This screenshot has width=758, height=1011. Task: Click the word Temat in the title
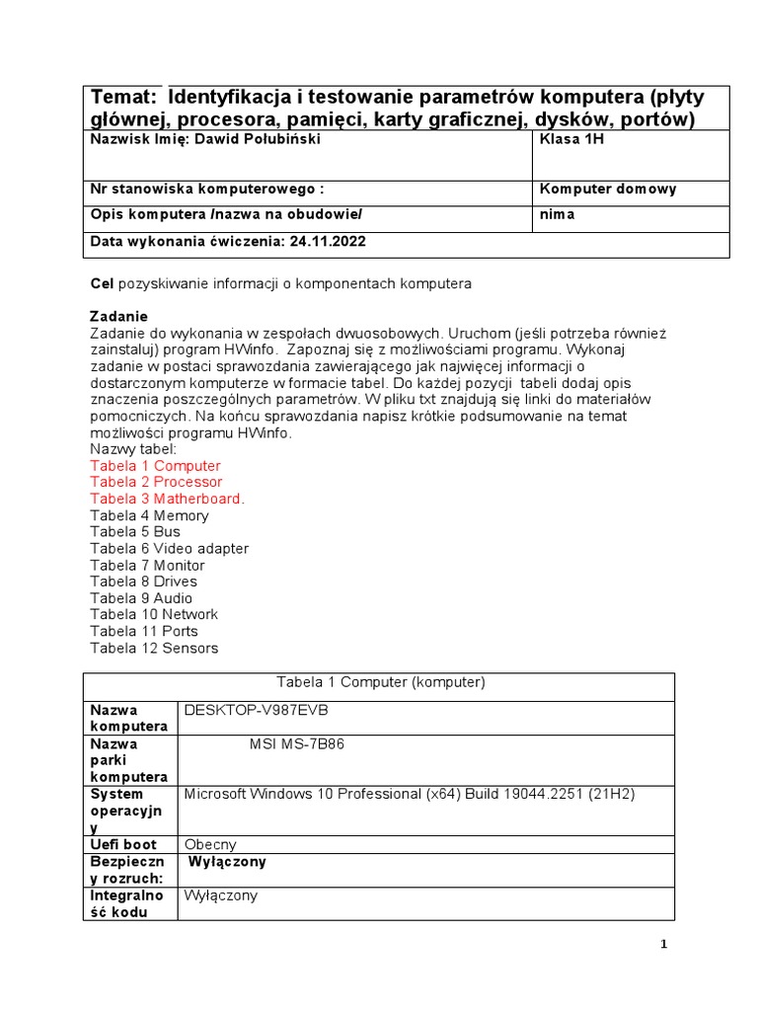[124, 97]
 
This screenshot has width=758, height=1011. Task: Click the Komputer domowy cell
[608, 189]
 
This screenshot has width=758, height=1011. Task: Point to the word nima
[557, 214]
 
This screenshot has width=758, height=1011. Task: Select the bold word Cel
[103, 283]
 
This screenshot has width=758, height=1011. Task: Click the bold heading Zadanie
[118, 316]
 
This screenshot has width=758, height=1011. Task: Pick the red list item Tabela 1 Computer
[155, 465]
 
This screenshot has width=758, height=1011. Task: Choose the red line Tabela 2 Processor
[156, 482]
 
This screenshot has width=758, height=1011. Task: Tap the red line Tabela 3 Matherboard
[167, 499]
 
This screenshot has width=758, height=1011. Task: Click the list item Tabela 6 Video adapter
[169, 548]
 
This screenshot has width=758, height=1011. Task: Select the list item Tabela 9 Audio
[141, 597]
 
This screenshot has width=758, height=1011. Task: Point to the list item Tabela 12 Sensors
[154, 648]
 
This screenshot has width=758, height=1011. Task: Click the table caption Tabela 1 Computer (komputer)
[380, 682]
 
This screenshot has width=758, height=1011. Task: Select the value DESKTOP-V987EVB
[257, 711]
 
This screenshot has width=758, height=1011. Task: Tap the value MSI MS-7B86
[297, 744]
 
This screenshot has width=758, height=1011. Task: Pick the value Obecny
[210, 844]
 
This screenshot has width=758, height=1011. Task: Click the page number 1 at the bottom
[664, 945]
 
